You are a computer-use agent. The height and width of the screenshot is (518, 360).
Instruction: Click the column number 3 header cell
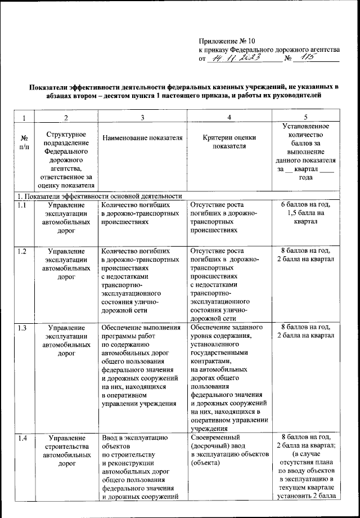tap(142, 117)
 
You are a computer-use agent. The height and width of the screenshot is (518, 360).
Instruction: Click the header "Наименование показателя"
tap(142, 138)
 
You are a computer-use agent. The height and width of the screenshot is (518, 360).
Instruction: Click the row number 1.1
tap(22, 206)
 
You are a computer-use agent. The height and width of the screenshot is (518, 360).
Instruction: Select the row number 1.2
tap(22, 251)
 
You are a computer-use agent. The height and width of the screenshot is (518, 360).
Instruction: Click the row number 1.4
tap(22, 438)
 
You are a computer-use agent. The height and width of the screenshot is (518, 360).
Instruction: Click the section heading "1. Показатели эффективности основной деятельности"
tap(99, 196)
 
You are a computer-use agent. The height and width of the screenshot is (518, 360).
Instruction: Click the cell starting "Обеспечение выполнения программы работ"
tap(141, 365)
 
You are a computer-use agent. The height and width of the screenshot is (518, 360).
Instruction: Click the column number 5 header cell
tap(305, 117)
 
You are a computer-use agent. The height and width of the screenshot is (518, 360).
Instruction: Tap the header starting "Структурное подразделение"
tap(66, 159)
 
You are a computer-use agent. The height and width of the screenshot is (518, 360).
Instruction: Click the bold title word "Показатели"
tap(51, 87)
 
